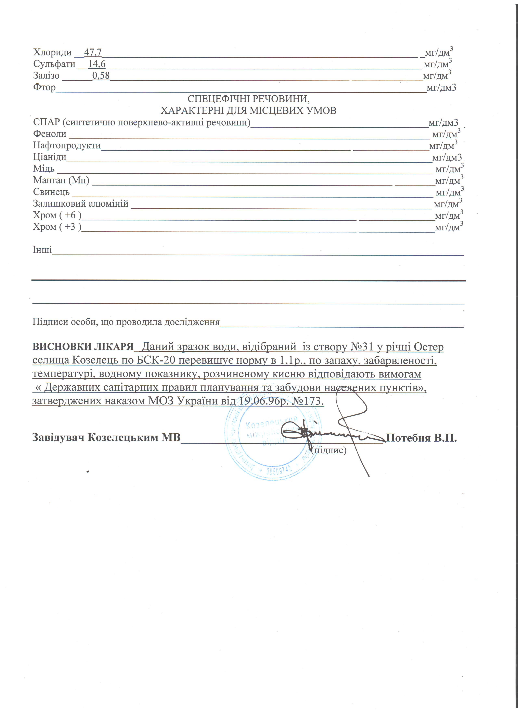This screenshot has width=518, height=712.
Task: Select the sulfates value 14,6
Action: (97, 64)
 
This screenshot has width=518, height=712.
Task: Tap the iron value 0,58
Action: (101, 76)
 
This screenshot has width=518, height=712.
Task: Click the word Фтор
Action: (44, 87)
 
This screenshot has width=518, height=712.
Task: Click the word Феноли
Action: (50, 134)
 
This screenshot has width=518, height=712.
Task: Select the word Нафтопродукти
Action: (67, 145)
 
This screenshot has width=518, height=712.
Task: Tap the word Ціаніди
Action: (50, 157)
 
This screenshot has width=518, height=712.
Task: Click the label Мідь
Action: (44, 169)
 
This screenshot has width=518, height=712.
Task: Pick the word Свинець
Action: (51, 192)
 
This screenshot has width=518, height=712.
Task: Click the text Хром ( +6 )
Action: (57, 215)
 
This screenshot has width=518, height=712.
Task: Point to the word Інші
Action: (42, 250)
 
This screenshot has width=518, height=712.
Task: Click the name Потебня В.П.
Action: (421, 437)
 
